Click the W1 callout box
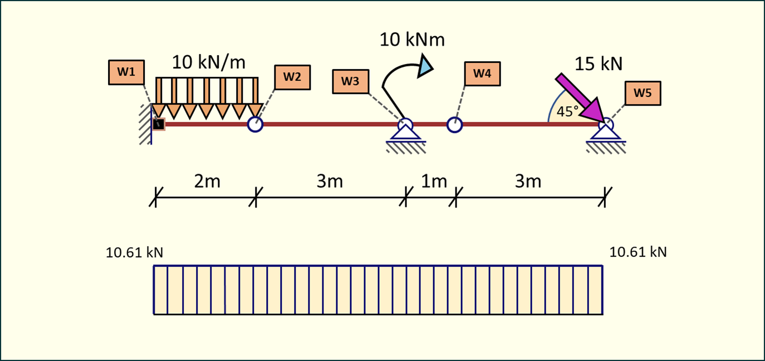[126, 72]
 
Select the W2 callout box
[292, 77]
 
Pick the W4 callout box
[482, 73]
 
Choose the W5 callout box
[643, 93]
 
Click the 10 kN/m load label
[208, 62]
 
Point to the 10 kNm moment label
[412, 39]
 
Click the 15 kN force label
[599, 64]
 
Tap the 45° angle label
[568, 111]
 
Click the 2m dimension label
[207, 181]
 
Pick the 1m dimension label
[434, 181]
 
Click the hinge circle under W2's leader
[255, 124]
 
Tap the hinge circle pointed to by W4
[454, 125]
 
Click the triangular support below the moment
[405, 131]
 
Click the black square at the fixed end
[159, 124]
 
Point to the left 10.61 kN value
[134, 253]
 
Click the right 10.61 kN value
[638, 252]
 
